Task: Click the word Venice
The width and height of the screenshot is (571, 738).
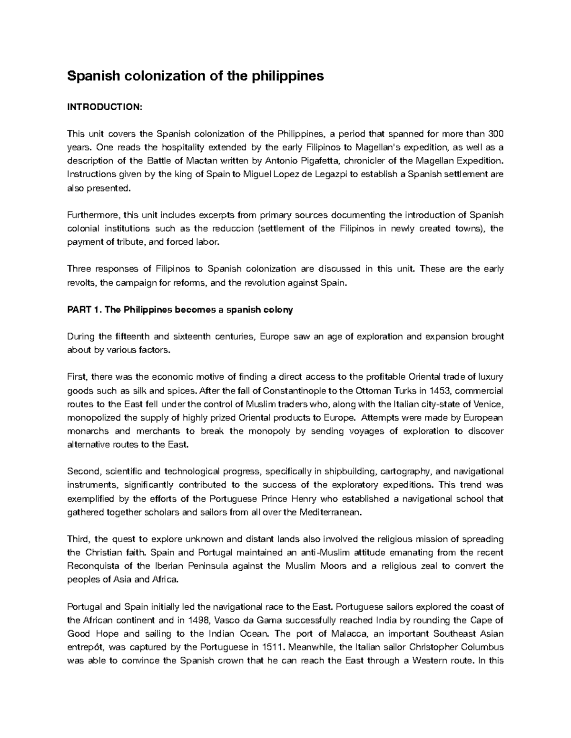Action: coord(488,404)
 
